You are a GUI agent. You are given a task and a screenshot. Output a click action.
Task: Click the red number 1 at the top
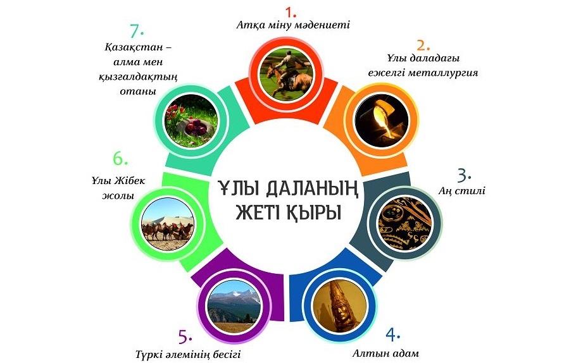coord(290,12)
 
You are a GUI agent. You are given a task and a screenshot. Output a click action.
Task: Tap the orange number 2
coord(422,45)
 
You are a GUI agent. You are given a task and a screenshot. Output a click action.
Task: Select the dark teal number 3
coord(463,176)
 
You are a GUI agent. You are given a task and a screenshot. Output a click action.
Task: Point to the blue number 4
coord(391,335)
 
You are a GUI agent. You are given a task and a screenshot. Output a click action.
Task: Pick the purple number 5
coord(184,337)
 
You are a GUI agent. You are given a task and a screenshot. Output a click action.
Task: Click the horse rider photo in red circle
coord(286,74)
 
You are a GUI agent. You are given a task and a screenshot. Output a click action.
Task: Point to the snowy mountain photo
coord(234,307)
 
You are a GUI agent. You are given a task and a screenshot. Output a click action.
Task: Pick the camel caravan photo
coord(168,224)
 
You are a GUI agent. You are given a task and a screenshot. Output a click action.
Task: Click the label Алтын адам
coord(385,354)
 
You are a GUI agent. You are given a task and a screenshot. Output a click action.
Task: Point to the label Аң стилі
coord(462,191)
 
